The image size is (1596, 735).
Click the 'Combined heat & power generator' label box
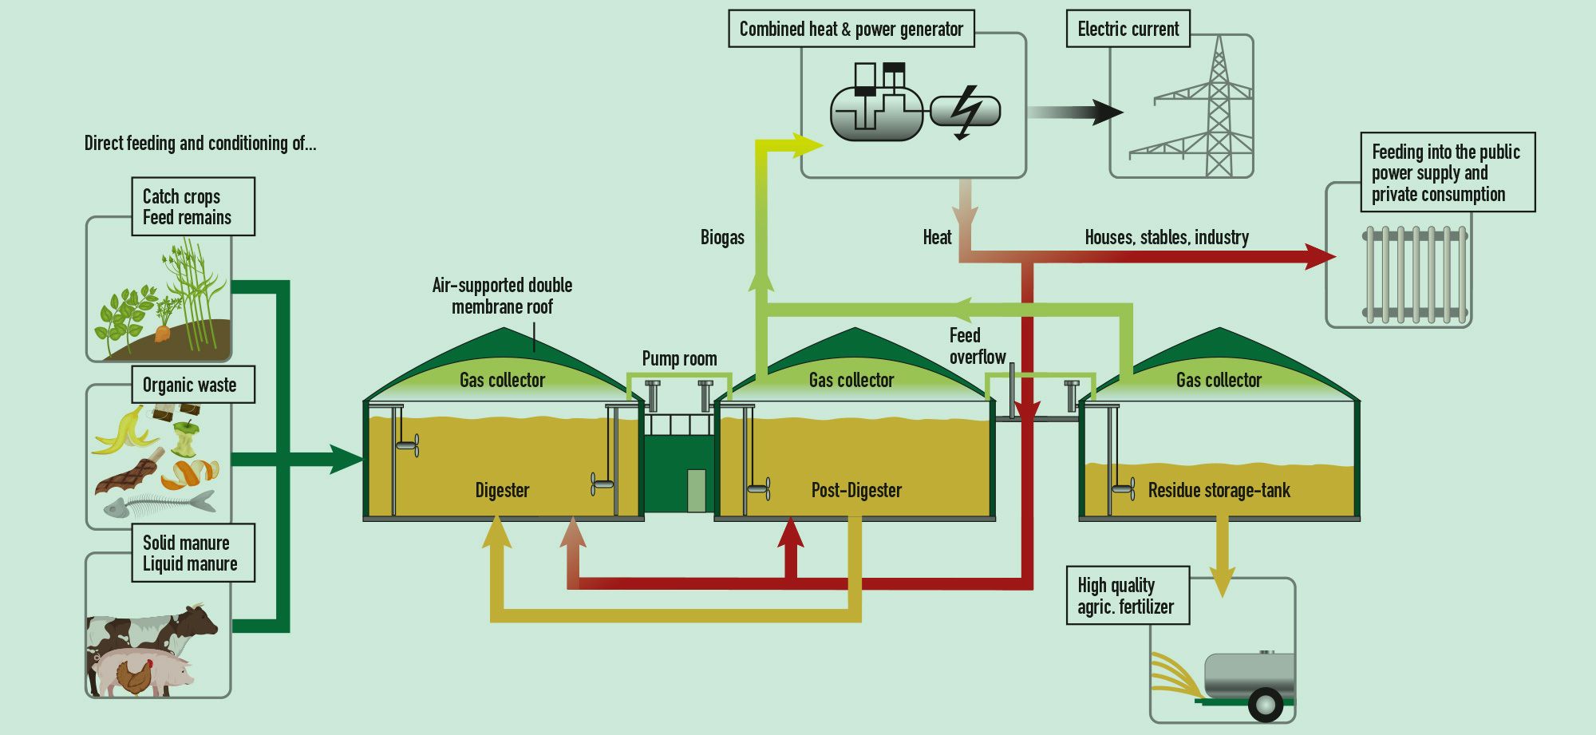click(x=851, y=30)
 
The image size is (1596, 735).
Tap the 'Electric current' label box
click(x=1128, y=30)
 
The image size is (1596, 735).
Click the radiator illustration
click(x=1415, y=274)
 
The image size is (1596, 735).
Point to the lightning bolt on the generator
click(x=966, y=113)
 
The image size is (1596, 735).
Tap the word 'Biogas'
click(x=722, y=238)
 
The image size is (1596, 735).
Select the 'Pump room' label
click(x=679, y=359)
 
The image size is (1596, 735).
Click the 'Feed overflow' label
click(x=976, y=346)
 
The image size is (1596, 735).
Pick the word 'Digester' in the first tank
click(x=502, y=490)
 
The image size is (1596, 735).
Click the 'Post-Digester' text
click(x=856, y=490)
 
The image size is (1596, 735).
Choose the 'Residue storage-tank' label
click(x=1219, y=490)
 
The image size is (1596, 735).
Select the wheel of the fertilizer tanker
click(x=1265, y=704)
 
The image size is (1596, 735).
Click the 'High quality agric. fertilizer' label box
click(x=1128, y=596)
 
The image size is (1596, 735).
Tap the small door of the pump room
click(x=696, y=490)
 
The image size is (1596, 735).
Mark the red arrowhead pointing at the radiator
click(x=1321, y=256)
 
